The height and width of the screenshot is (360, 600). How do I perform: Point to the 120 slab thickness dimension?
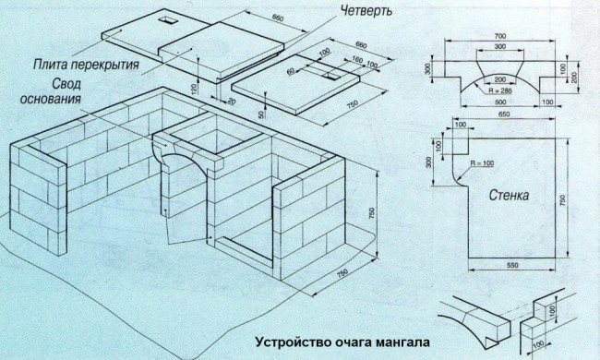pos(195,89)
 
